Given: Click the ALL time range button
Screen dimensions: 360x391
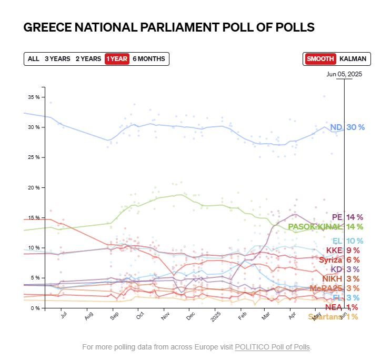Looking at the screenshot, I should pos(34,59).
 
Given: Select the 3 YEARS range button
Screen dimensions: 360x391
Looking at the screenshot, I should pos(57,59).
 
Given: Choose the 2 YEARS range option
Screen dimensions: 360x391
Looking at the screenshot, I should pos(88,59).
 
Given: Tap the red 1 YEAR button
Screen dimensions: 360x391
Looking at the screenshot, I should pos(116,59).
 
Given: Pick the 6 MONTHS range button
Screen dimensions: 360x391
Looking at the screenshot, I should pos(149,59).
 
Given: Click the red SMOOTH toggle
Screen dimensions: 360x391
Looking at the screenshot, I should pos(320,59).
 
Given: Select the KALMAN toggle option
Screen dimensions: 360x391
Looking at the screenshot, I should pos(353,59).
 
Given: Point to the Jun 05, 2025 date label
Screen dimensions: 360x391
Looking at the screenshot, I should pos(344,74).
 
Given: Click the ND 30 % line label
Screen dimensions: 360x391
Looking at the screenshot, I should pos(347,127).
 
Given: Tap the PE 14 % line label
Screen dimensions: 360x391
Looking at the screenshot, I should pos(347,217).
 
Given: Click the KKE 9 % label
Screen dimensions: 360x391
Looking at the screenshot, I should pos(343,251).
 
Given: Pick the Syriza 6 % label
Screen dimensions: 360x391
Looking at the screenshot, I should pos(339,260).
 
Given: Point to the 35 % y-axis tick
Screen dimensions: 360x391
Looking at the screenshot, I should pos(34,97).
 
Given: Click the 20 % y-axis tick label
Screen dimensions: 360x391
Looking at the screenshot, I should pos(34,188).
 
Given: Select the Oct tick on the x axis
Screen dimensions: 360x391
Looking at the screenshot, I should pos(141,316).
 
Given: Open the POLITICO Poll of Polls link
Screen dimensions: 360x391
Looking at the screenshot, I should pos(273,347).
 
